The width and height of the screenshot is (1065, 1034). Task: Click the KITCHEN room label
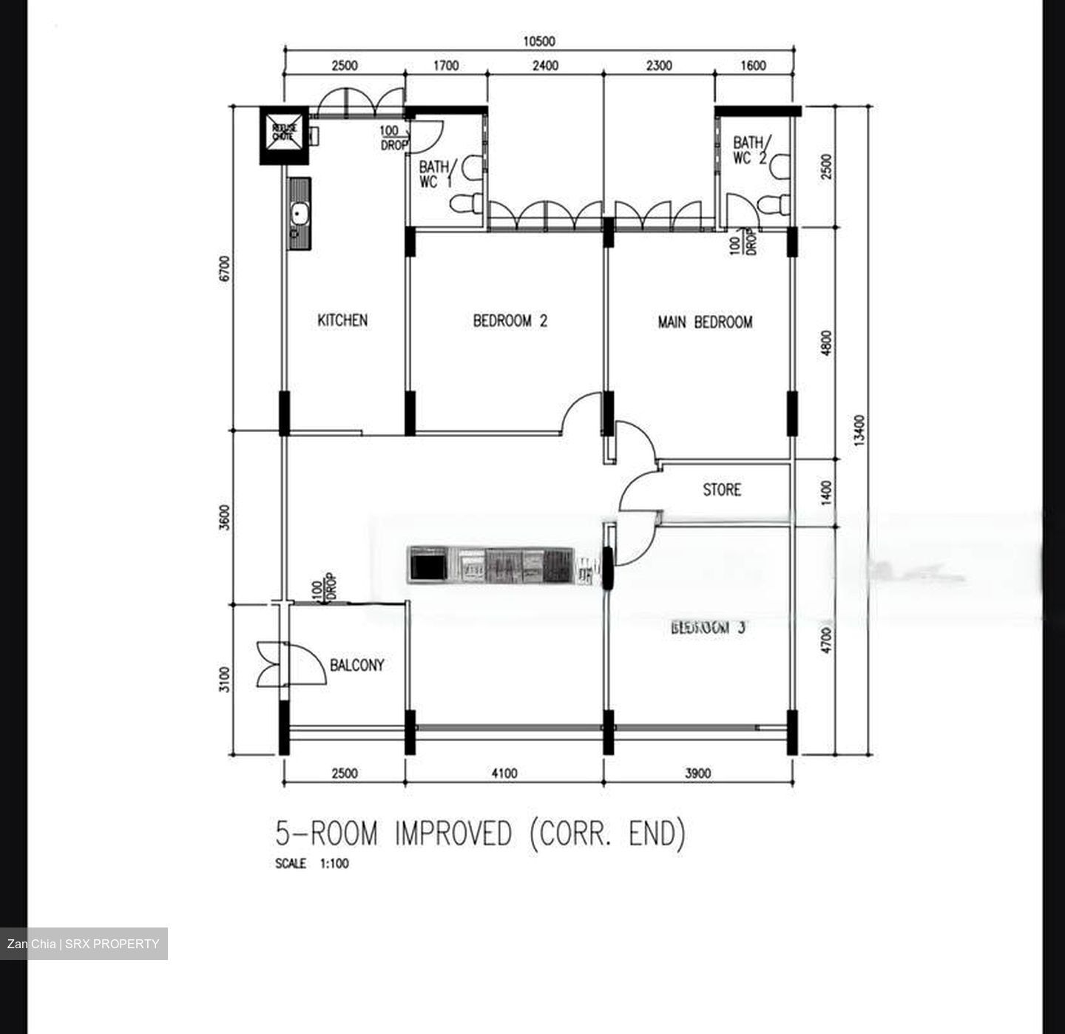tap(342, 320)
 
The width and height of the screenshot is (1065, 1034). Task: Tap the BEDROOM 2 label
tap(510, 321)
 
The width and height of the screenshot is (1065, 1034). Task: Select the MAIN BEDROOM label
tap(705, 322)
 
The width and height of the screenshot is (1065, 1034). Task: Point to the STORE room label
tap(721, 490)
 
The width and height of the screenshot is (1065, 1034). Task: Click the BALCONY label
tap(356, 665)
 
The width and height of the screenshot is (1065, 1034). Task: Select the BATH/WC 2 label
tap(751, 149)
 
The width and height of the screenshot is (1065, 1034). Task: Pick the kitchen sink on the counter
tap(300, 214)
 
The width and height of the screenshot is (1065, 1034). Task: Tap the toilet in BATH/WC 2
tap(777, 203)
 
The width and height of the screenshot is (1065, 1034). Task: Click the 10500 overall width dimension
tap(538, 41)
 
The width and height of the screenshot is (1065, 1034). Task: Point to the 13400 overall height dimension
tap(858, 430)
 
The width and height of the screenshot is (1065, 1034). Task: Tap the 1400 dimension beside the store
tap(826, 492)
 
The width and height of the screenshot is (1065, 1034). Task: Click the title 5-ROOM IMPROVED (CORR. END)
tap(480, 834)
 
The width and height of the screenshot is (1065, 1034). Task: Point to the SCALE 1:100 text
tap(311, 863)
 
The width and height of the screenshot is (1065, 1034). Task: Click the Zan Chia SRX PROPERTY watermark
tap(84, 944)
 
